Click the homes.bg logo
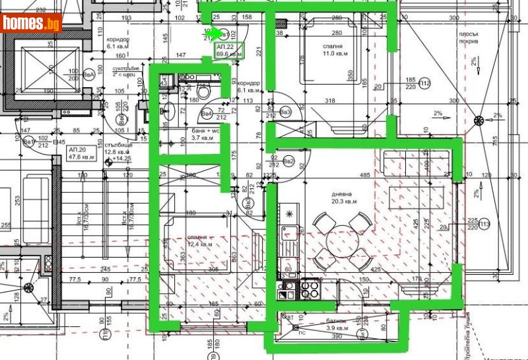pos(32,22)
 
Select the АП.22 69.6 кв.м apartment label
pos(230,51)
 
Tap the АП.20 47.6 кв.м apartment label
pos(82,154)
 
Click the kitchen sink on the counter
pos(288,233)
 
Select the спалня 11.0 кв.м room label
pos(333,51)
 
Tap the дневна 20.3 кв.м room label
pos(345,198)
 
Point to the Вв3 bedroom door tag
pos(286,112)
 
